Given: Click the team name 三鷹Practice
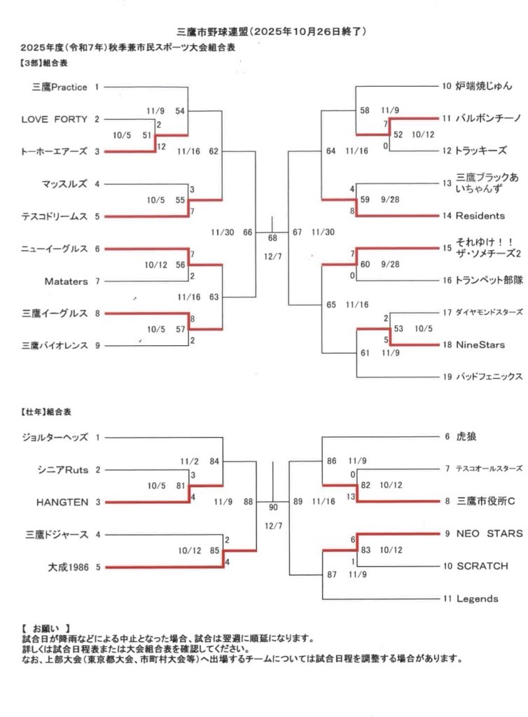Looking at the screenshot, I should (x=60, y=87).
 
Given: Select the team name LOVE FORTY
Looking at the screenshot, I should (x=55, y=119).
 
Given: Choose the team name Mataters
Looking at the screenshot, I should (x=67, y=281).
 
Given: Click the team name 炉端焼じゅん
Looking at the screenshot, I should (x=484, y=87).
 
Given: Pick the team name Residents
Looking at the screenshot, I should (x=480, y=216).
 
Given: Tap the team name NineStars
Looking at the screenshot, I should (x=480, y=344).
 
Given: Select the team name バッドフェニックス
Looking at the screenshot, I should (x=489, y=377).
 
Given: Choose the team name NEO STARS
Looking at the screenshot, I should (x=489, y=534).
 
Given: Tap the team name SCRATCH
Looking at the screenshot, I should (x=482, y=566).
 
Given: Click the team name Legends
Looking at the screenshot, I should (x=477, y=599).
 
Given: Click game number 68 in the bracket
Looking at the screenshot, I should (x=272, y=238).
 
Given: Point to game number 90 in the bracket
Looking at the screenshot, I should (x=272, y=507).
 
